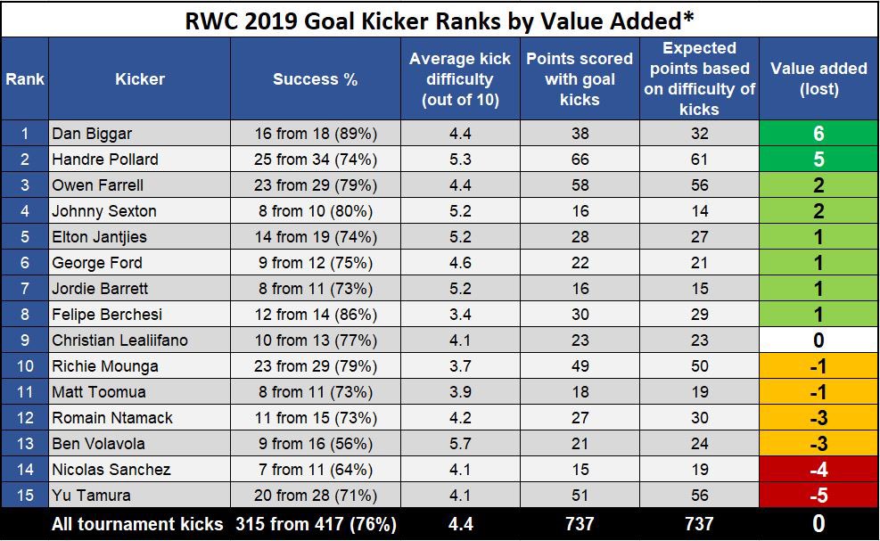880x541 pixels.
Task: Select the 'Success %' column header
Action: (x=315, y=79)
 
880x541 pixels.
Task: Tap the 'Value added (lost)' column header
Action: (x=818, y=79)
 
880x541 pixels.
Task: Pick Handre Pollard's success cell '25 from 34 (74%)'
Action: (x=315, y=160)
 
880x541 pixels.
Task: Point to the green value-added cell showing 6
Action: (x=818, y=134)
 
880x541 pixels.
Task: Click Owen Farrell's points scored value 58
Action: (x=580, y=185)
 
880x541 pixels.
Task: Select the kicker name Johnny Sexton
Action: (x=104, y=211)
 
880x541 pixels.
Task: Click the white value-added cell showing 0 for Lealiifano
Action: (x=818, y=340)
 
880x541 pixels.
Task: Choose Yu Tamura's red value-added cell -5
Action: (x=818, y=496)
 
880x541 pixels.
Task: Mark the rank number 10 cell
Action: (x=25, y=366)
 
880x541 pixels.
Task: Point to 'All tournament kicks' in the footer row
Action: (x=137, y=524)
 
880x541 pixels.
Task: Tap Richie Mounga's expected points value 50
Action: (x=699, y=366)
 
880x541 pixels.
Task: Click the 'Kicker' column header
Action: (x=140, y=79)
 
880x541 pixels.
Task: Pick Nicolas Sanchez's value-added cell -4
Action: (x=818, y=470)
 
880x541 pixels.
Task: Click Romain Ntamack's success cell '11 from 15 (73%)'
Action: (x=315, y=418)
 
